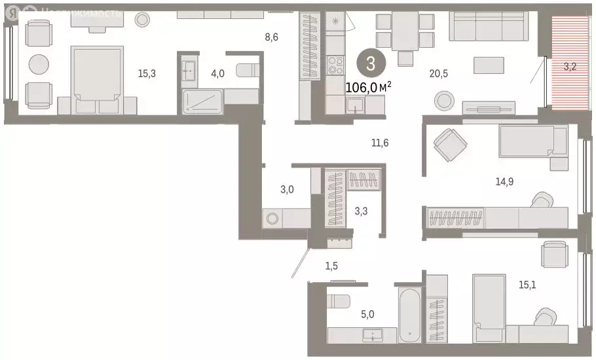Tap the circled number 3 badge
tap(370, 64)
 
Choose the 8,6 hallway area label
tap(271, 37)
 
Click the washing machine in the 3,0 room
tap(272, 218)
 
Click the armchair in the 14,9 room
tap(451, 144)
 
